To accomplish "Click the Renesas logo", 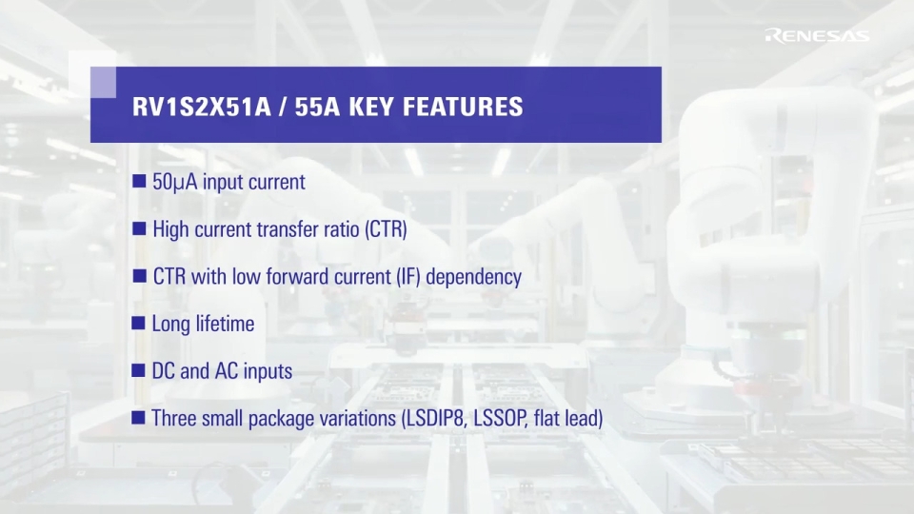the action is coord(817,35).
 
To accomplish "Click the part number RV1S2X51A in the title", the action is coord(202,107).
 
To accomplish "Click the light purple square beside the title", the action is coord(103,82).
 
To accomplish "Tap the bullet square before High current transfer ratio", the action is coord(139,228).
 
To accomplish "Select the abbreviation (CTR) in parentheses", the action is coord(386,229).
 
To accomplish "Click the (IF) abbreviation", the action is coord(408,277).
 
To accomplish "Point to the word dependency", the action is coord(473,277).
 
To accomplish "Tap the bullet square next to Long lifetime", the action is coord(139,323).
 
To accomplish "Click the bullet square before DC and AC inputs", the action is coord(139,370).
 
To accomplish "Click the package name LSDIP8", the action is coord(432,419).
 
